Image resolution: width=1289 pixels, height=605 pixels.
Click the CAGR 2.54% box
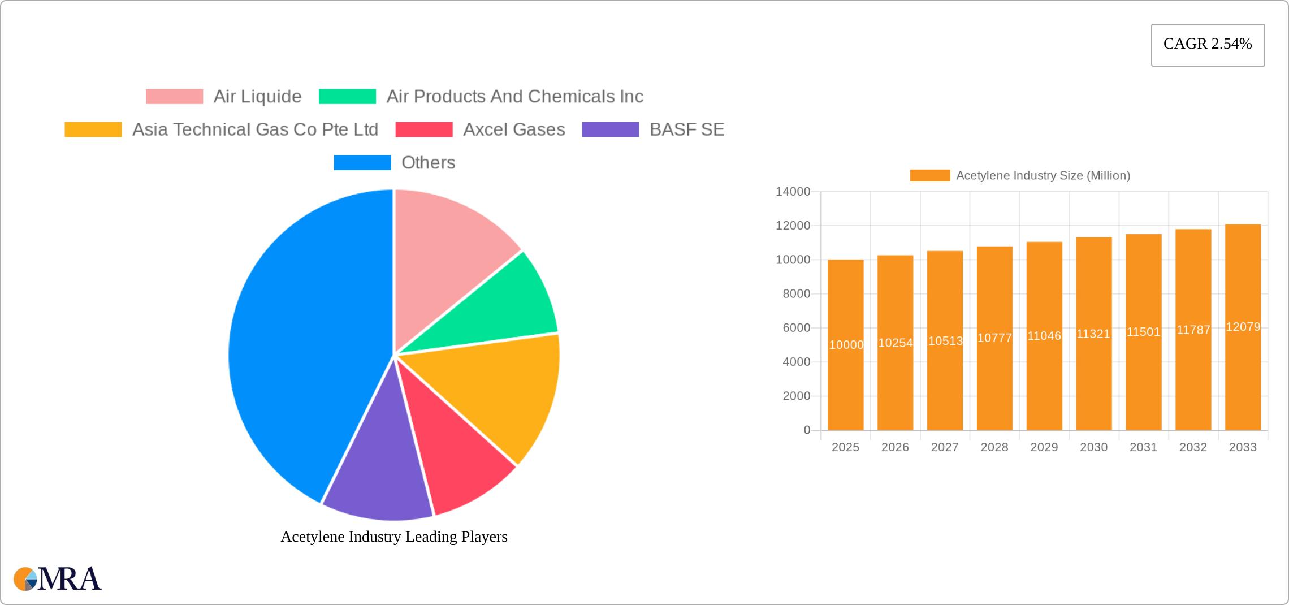[x=1208, y=45]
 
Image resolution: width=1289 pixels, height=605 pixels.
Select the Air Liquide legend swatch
[x=174, y=97]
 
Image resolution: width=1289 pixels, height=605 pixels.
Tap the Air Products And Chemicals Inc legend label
[x=514, y=97]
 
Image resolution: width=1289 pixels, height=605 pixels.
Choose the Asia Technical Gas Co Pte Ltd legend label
[x=255, y=129]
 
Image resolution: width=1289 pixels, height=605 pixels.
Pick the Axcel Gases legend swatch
[x=423, y=129]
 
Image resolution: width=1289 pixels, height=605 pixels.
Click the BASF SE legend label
[x=687, y=129]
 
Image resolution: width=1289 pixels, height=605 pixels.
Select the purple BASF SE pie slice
[x=379, y=475]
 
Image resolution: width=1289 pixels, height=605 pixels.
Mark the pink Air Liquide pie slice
[x=447, y=254]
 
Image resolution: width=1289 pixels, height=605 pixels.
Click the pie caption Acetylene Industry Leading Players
[x=394, y=537]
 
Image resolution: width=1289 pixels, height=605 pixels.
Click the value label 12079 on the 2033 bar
[x=1243, y=327]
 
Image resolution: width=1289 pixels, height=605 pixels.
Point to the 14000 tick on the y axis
[x=793, y=192]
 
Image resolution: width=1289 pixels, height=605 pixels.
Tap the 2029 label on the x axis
[x=1044, y=447]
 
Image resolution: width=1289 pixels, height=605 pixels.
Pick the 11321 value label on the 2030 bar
[x=1093, y=334]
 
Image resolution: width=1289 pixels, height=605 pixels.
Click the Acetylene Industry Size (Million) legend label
[x=1043, y=176]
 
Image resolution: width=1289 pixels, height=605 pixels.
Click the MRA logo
[x=58, y=579]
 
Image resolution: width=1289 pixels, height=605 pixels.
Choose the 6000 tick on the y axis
[x=796, y=328]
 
